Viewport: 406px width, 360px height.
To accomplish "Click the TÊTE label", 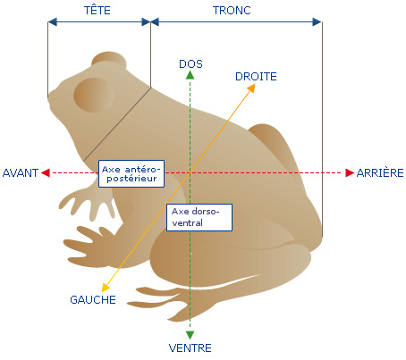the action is pos(97,10).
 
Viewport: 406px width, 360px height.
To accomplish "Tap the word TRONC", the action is pos(232,11).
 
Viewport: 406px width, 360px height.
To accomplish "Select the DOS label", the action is pos(190,64).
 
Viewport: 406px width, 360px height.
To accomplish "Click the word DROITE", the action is pos(256,77).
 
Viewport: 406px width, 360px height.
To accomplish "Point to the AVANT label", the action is pos(21,173).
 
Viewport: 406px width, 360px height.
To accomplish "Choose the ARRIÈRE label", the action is pos(380,172).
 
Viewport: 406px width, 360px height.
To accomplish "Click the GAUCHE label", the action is pos(93,299).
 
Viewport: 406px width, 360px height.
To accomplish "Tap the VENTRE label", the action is pos(190,347).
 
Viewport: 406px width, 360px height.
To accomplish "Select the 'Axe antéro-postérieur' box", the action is pos(131,173).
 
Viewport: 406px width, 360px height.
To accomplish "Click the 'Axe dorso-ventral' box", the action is pos(199,217).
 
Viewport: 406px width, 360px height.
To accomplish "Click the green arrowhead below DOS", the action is pos(190,75).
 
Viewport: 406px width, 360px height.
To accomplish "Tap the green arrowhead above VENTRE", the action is pos(190,335).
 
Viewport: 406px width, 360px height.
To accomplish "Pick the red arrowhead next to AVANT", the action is pos(46,172).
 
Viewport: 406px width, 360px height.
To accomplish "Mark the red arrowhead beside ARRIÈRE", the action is pos(350,172).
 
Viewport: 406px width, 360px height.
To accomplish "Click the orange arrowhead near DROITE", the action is pos(251,88).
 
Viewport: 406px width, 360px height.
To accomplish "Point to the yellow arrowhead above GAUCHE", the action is pos(106,288).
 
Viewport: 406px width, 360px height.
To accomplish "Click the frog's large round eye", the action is pos(94,95).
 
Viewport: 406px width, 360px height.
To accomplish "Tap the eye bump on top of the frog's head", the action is pos(109,61).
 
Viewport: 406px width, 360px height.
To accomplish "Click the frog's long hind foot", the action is pos(167,301).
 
